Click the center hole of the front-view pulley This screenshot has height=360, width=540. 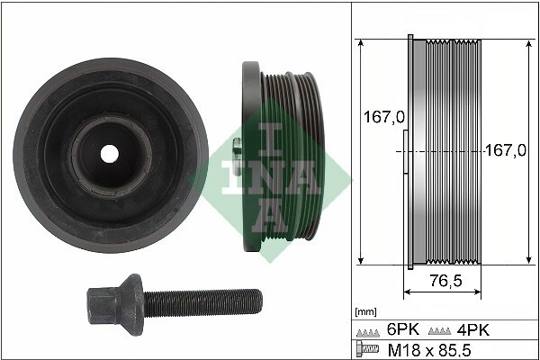click(109, 154)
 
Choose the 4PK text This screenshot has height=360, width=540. click(472, 330)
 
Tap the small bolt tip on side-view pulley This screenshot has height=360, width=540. click(236, 148)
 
